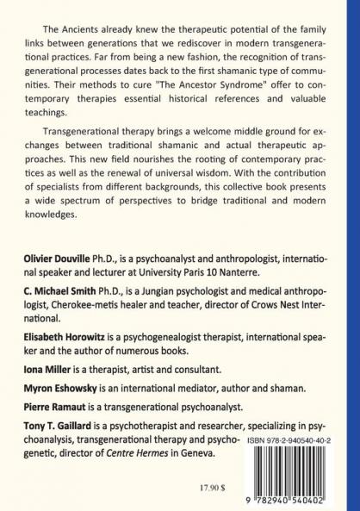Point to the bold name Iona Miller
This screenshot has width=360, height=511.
pos(53,366)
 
